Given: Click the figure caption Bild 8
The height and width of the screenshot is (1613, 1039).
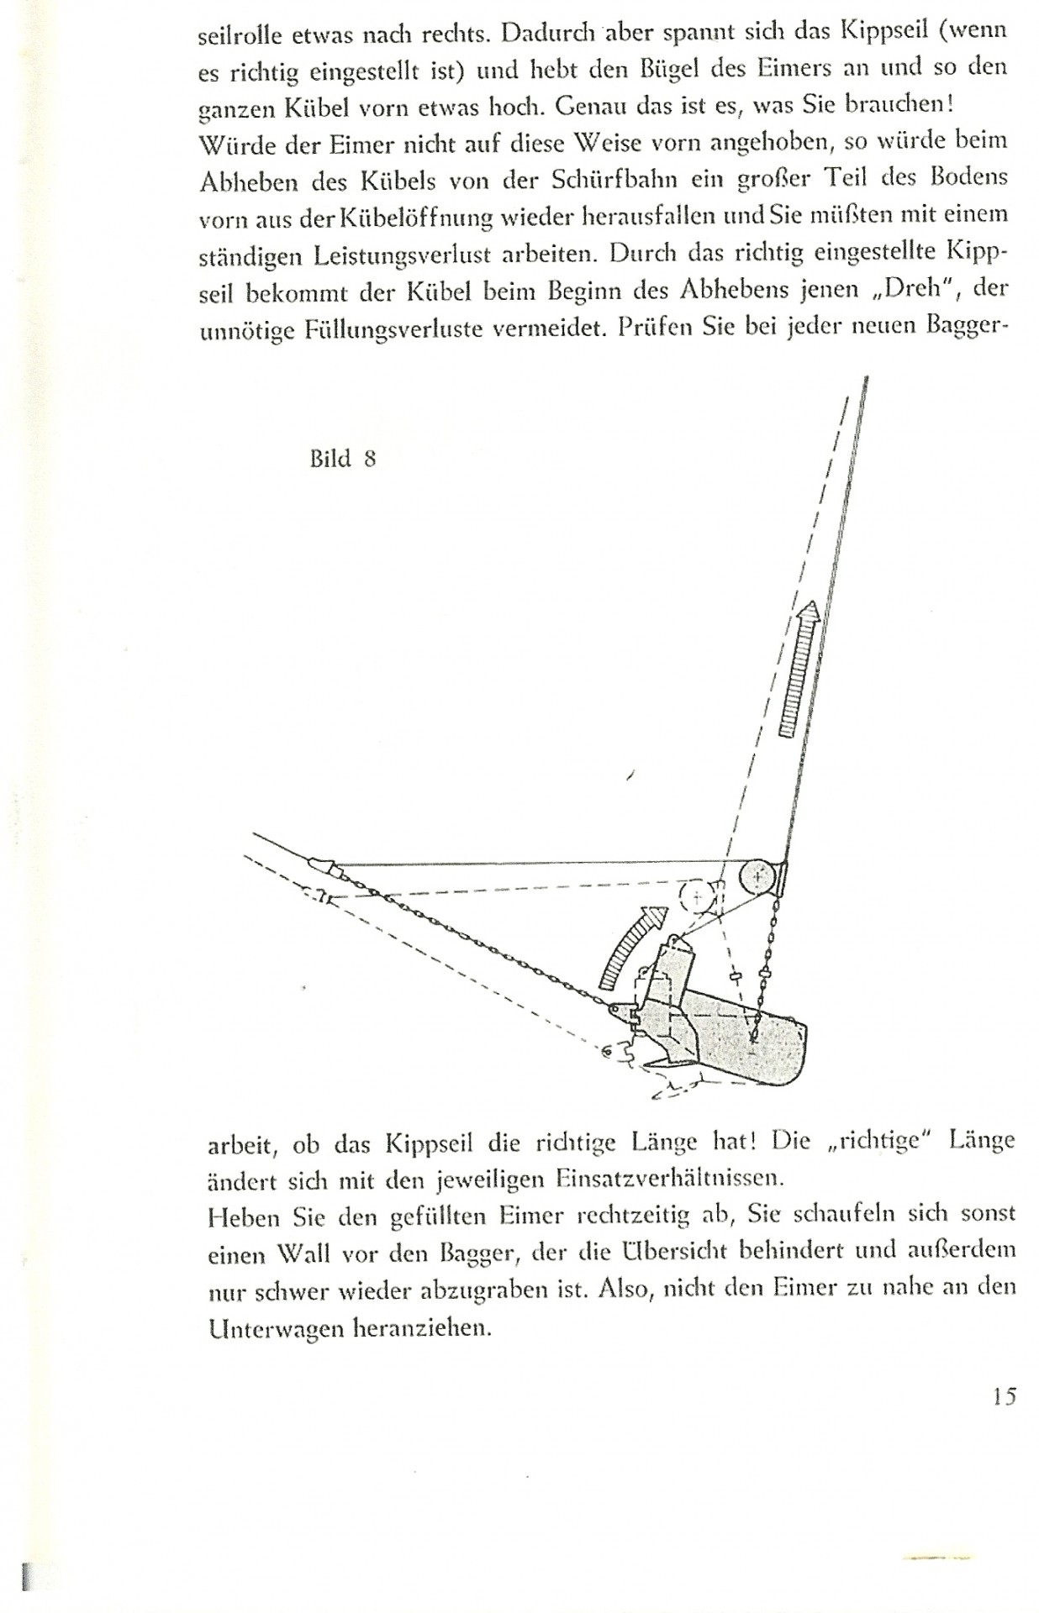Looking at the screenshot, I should (x=342, y=459).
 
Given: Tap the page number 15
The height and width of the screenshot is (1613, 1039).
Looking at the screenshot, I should (x=1003, y=1396).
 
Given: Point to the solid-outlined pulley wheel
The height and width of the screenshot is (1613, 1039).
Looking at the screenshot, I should (x=759, y=878).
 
